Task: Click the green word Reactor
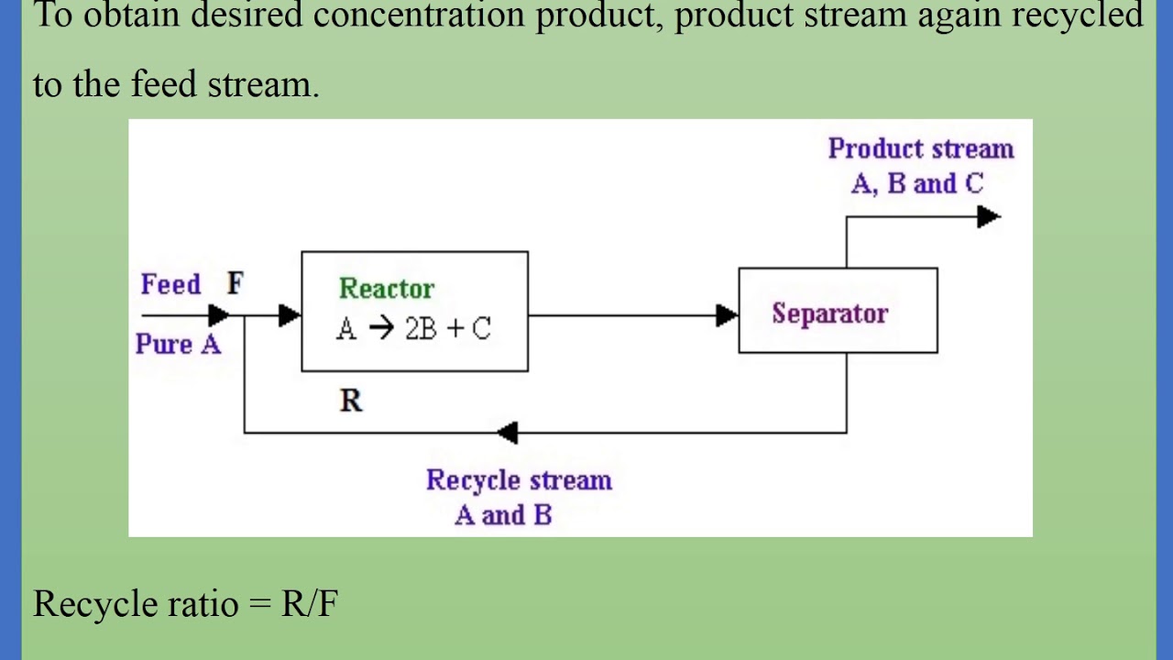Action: [x=386, y=289]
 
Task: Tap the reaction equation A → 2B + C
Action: [x=413, y=329]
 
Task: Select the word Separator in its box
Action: [x=829, y=313]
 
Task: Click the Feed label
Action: [x=170, y=285]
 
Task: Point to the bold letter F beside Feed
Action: [x=236, y=284]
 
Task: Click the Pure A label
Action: [x=178, y=345]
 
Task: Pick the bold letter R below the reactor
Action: [x=351, y=401]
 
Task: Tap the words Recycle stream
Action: [x=519, y=480]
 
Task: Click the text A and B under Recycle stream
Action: [x=503, y=515]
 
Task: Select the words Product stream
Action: [x=920, y=149]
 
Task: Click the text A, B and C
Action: [x=916, y=184]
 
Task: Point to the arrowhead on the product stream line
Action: [x=988, y=217]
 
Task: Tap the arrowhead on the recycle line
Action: [x=507, y=433]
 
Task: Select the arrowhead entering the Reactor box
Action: [x=290, y=316]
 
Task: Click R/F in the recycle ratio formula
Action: [x=310, y=604]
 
